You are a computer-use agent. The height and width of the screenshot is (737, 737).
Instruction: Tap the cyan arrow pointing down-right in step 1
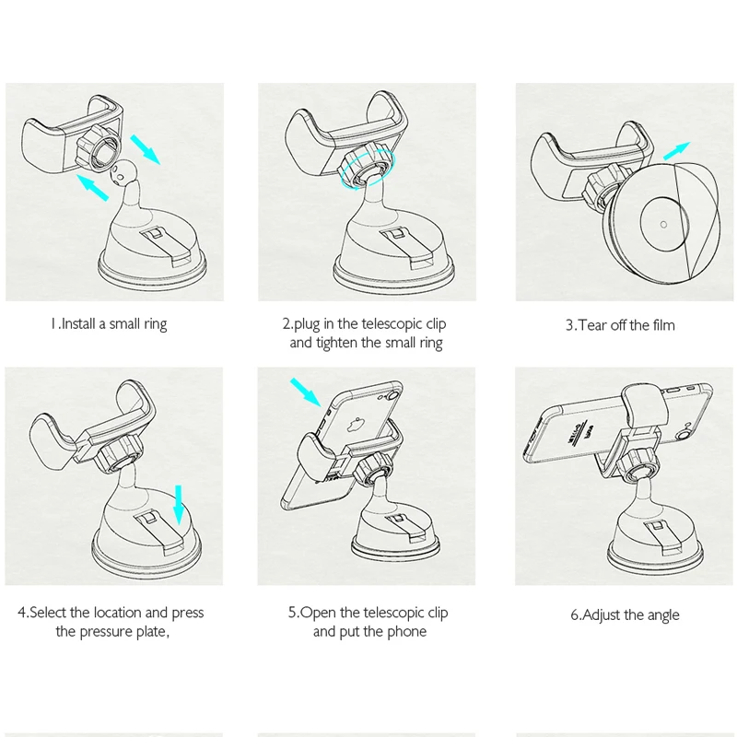(x=146, y=149)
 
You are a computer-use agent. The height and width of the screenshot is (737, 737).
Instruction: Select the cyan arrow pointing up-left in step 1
(x=92, y=188)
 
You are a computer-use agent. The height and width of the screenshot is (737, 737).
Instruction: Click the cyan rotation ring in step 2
(x=368, y=169)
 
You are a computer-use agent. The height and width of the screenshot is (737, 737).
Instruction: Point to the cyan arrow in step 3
(x=676, y=151)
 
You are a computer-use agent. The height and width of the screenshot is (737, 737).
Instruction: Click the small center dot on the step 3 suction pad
(x=663, y=224)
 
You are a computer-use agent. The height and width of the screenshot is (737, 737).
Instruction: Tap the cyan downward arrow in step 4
(x=178, y=505)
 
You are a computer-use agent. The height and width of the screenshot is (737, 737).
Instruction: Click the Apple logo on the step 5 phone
(x=354, y=425)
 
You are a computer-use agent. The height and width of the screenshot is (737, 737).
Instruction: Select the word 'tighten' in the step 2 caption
(x=336, y=343)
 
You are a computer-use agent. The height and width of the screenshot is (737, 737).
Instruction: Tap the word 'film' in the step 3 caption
(x=663, y=325)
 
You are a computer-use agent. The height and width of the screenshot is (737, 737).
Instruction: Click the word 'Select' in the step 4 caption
(x=48, y=613)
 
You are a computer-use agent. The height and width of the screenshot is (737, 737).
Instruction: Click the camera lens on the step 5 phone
(x=394, y=390)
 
